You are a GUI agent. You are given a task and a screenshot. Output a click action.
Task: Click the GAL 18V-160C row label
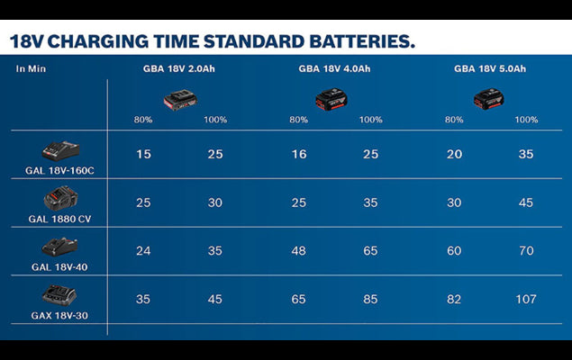coord(60,169)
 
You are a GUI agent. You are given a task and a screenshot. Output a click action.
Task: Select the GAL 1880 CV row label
coord(60,219)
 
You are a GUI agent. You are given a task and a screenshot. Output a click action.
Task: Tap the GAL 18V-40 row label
coord(60,267)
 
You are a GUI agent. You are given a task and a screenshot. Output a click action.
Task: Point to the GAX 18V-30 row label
coord(60,316)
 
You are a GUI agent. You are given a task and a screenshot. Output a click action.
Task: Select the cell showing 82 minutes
coord(454,298)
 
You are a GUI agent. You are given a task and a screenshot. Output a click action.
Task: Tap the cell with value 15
coord(144,155)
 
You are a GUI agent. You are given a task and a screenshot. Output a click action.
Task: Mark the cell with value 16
coord(299,155)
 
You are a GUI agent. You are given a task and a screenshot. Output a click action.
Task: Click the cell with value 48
coord(299,250)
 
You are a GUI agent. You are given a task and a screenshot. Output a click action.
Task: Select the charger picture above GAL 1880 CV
coord(60,197)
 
